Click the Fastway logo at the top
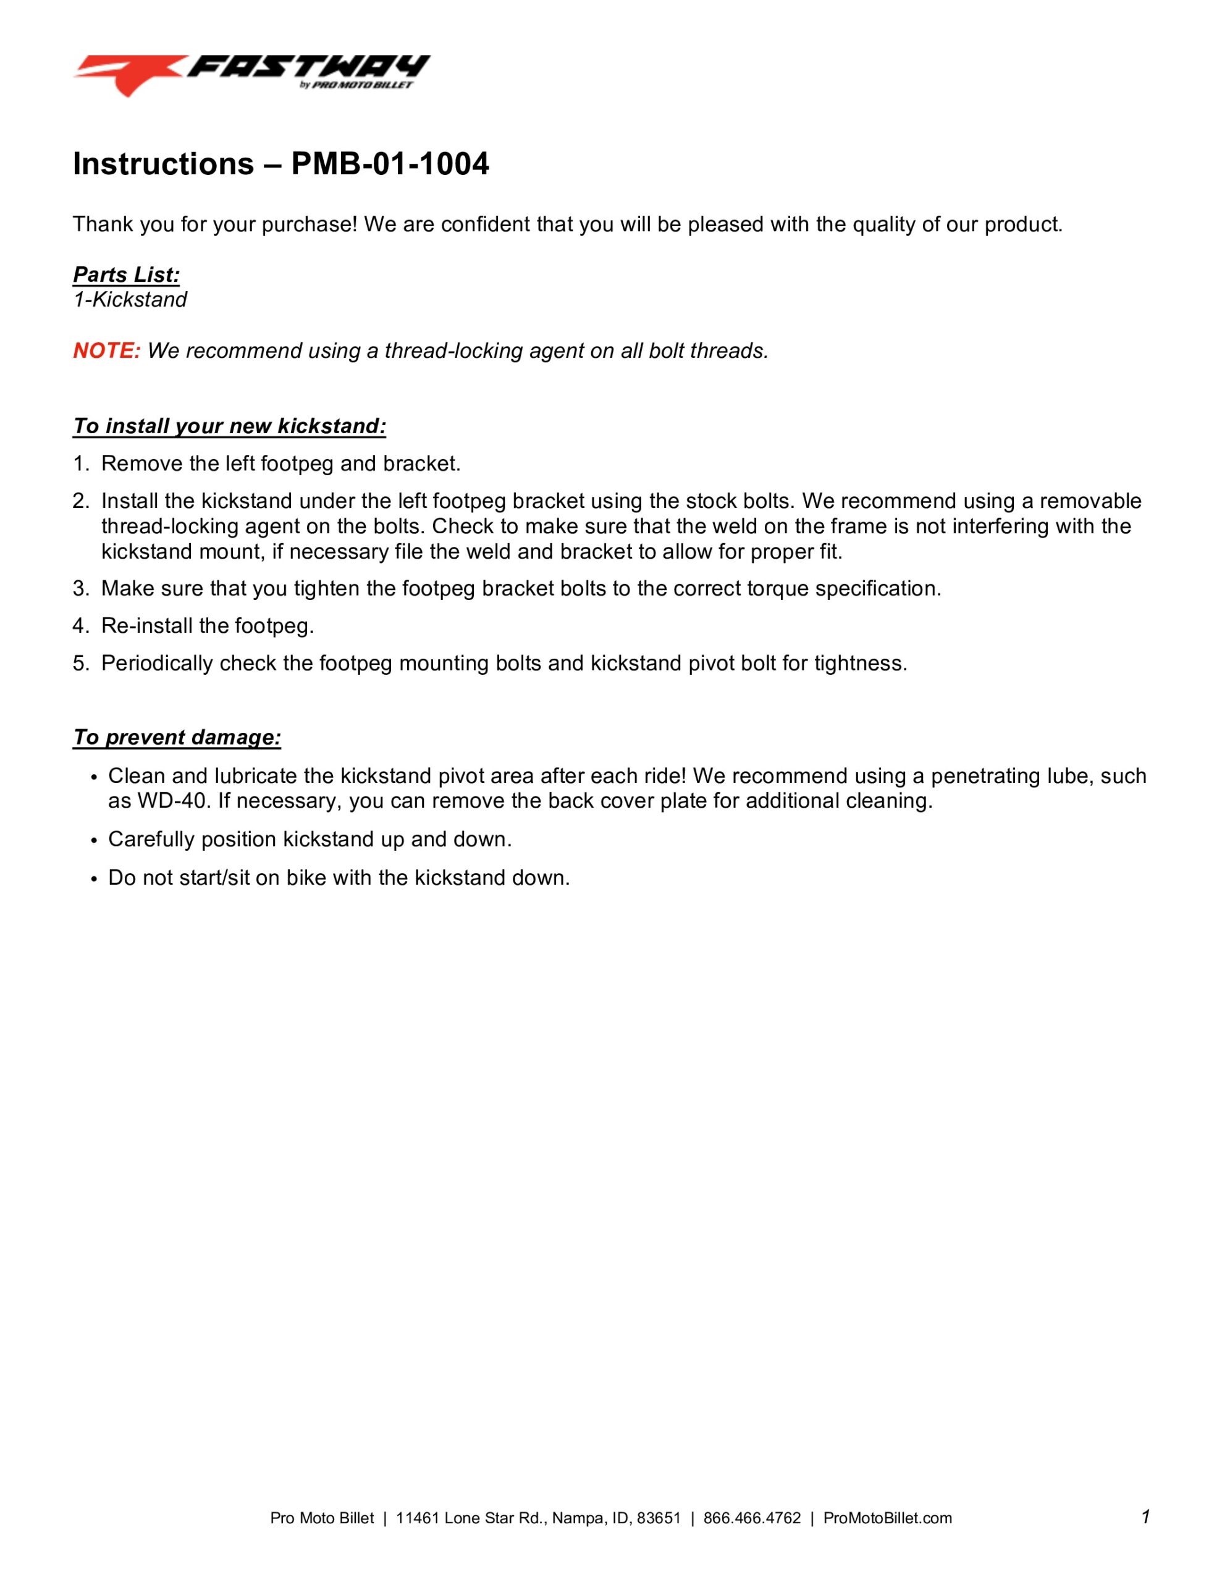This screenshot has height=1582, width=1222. (251, 74)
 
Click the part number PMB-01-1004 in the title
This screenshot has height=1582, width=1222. (390, 164)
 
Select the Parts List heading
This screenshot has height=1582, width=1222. (126, 274)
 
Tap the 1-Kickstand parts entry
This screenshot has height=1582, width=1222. (130, 299)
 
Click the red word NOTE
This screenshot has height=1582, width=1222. (106, 350)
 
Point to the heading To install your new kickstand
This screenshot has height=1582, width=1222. (229, 426)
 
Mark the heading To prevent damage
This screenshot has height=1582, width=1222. (177, 737)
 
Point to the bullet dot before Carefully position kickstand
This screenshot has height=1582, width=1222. (93, 840)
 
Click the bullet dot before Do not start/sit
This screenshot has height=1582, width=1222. (93, 879)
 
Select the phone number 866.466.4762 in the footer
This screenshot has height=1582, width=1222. (752, 1518)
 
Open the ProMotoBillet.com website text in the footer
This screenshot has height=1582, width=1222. (887, 1518)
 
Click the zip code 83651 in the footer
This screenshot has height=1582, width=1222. (659, 1518)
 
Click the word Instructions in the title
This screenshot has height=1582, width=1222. (163, 164)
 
